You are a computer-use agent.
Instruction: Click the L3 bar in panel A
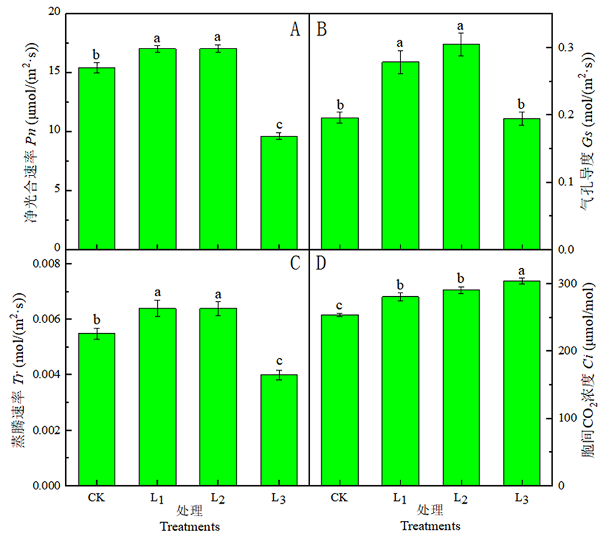279,192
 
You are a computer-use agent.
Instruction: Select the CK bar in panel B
339,183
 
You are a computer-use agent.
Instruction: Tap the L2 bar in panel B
461,146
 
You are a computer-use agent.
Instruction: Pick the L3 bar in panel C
279,430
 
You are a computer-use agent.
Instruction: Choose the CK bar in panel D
339,400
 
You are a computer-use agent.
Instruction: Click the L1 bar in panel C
157,396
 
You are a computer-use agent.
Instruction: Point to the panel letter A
295,29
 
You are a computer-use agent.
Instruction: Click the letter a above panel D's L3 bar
521,270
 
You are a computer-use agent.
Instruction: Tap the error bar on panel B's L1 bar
400,62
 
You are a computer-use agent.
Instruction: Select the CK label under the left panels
97,498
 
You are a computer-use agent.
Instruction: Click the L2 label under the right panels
461,498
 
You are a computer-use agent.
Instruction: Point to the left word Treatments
189,526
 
